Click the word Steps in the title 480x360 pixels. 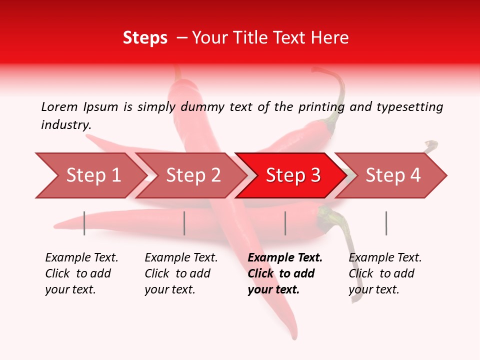[x=145, y=38]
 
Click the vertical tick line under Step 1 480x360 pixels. [x=84, y=223]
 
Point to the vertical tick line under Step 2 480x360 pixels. [x=184, y=223]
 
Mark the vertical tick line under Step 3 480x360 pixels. [x=285, y=223]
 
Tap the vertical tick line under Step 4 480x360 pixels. [x=386, y=223]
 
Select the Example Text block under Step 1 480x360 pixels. [x=81, y=273]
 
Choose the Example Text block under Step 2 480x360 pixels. [x=181, y=273]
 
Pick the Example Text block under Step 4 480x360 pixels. [x=385, y=273]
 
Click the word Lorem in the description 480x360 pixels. [x=59, y=107]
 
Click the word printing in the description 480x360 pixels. [x=321, y=107]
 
